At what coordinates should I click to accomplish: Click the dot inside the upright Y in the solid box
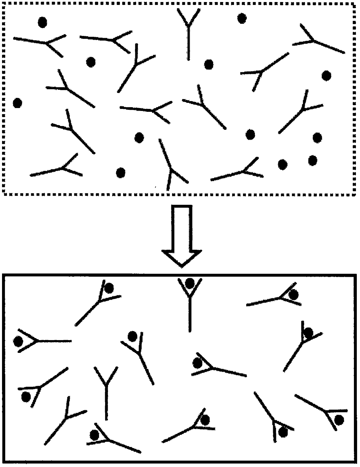point(190,283)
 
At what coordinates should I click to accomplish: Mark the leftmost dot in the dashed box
point(17,103)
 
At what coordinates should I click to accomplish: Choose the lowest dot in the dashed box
point(120,173)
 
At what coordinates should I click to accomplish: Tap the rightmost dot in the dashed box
point(327,76)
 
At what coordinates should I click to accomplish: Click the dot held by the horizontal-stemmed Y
point(18,342)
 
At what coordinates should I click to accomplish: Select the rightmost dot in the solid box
point(339,420)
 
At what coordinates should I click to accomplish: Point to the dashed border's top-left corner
point(3,3)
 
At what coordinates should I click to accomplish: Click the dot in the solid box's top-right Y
point(294,295)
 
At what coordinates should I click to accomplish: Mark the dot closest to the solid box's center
point(197,363)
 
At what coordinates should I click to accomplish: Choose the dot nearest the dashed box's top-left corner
point(42,22)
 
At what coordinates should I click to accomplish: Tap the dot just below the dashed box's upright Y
point(209,64)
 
